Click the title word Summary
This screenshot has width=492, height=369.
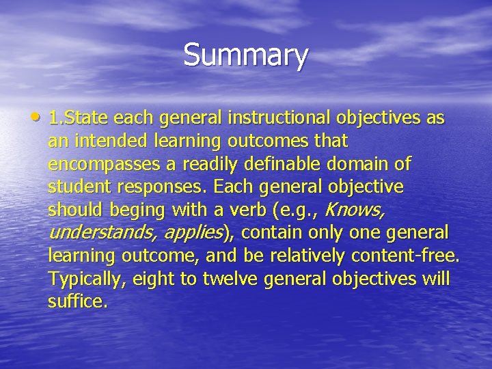click(x=245, y=55)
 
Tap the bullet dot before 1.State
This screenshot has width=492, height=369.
click(x=40, y=118)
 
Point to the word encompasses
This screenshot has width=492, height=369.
click(x=98, y=165)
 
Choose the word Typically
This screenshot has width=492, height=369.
click(x=83, y=279)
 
